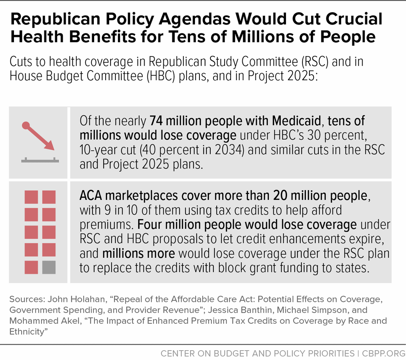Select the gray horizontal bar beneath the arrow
(40, 161)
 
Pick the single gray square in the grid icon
(49, 268)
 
